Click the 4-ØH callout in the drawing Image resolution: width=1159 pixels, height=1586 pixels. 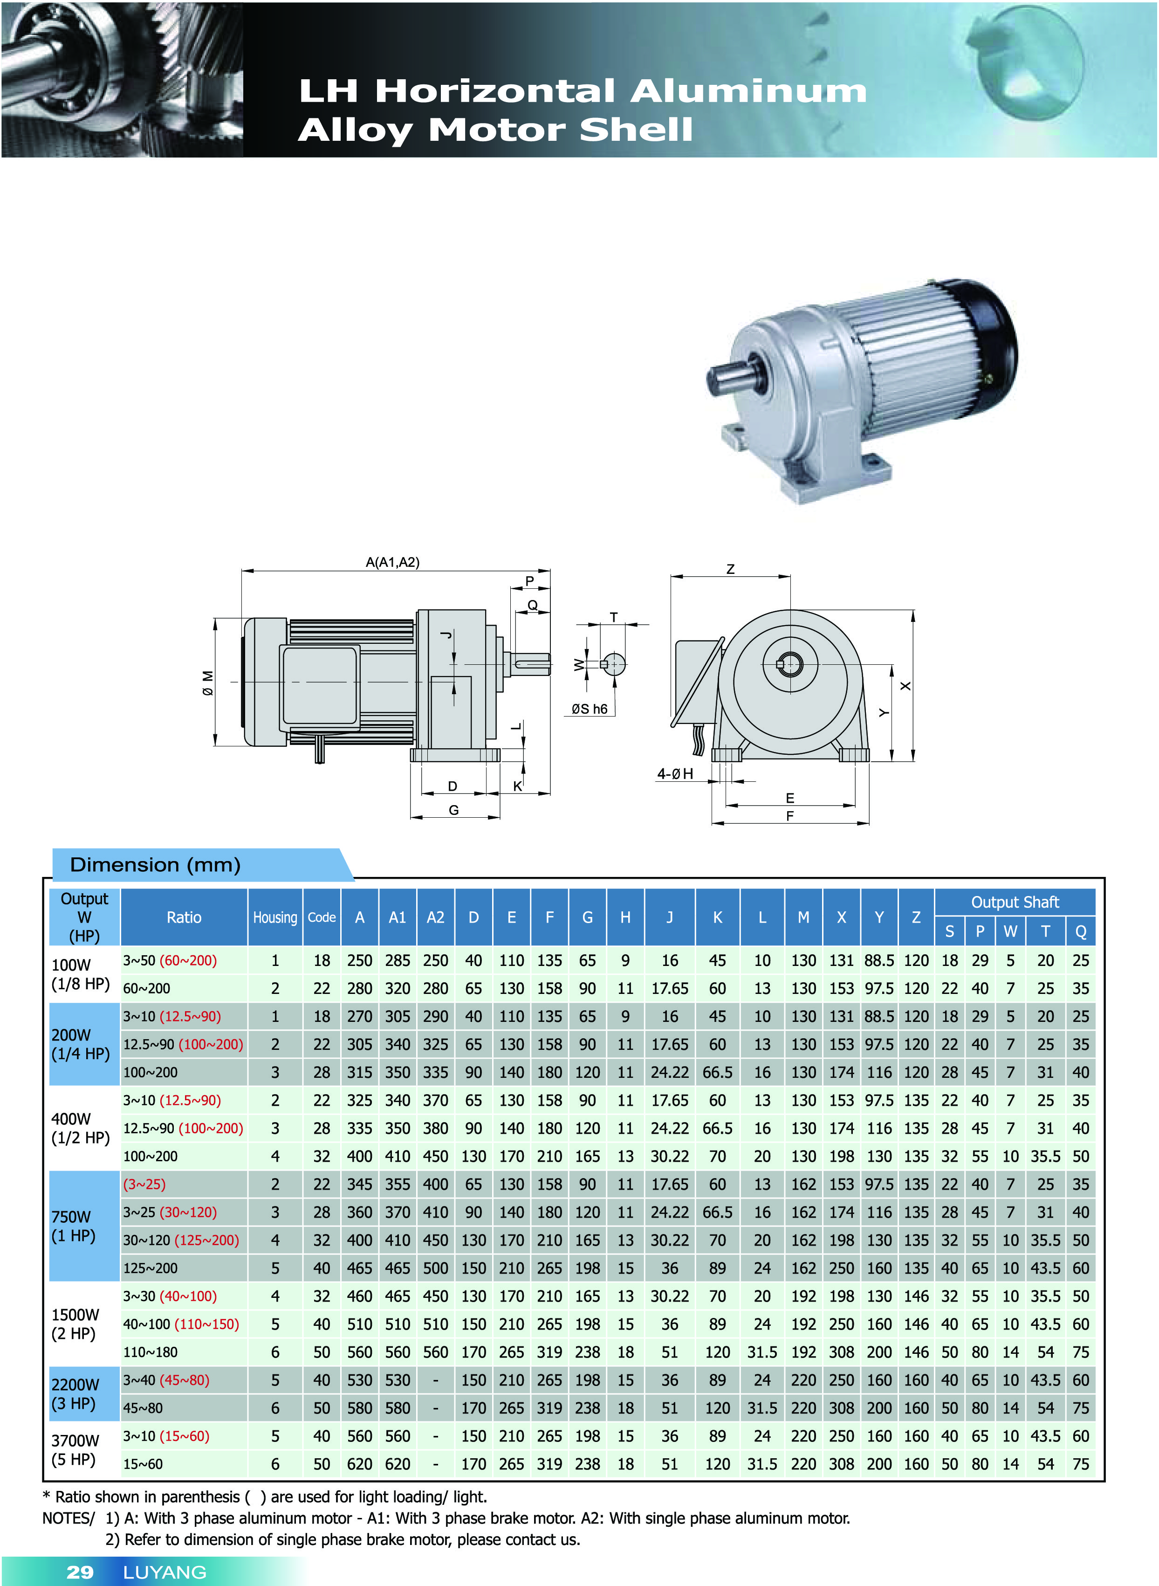point(675,774)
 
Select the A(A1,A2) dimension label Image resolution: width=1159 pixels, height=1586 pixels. point(392,562)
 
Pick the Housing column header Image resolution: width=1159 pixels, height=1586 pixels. point(275,917)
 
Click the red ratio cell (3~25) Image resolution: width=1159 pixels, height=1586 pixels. point(144,1185)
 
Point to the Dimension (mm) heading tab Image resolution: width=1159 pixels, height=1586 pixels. point(156,865)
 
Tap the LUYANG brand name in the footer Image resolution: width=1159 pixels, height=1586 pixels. point(165,1572)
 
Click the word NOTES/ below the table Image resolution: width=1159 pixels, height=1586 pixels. point(68,1518)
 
